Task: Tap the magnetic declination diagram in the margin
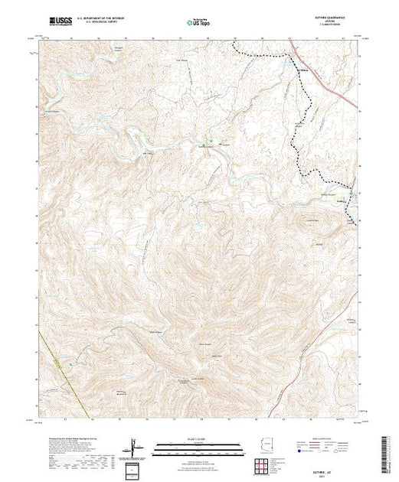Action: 135,446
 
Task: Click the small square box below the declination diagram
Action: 135,467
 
